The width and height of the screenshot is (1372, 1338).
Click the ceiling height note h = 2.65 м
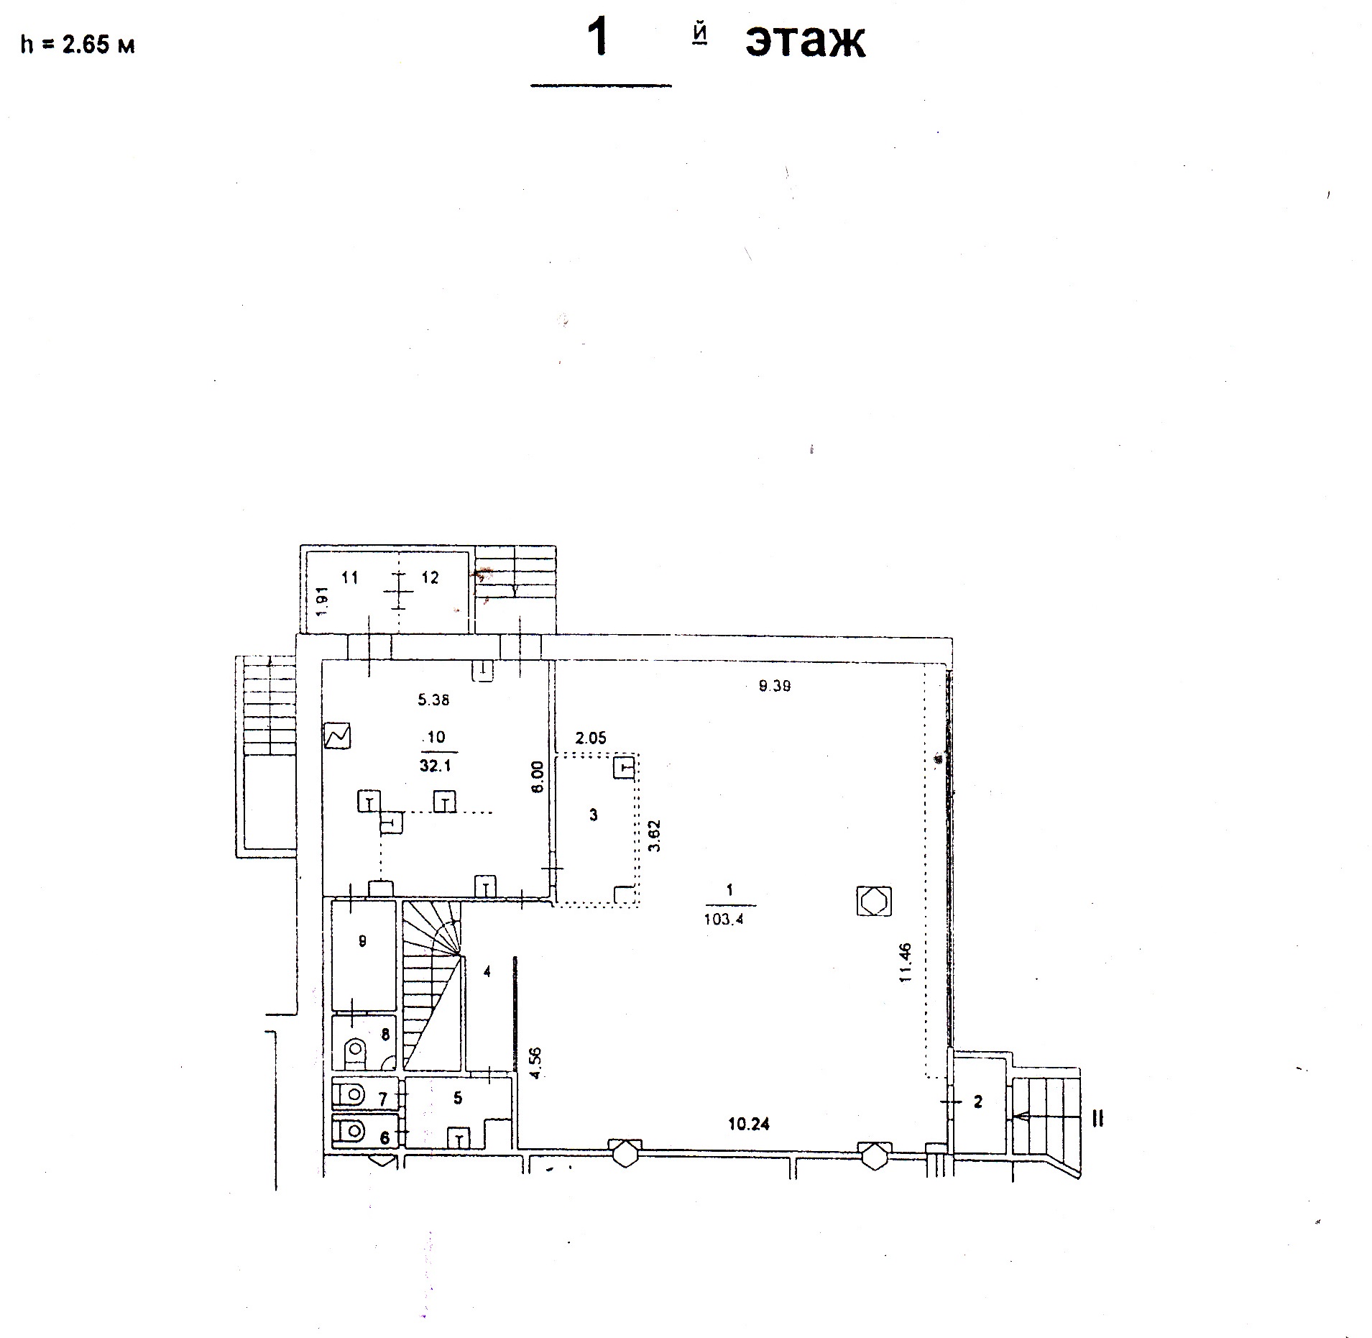click(78, 45)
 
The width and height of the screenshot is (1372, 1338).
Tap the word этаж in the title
click(805, 42)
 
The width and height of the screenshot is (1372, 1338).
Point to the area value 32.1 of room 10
click(435, 766)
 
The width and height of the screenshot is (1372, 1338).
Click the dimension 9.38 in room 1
click(775, 686)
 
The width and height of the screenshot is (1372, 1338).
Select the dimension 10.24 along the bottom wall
click(749, 1124)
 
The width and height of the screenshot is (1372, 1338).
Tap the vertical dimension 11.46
click(905, 963)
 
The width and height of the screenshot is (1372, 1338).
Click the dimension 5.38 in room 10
click(433, 699)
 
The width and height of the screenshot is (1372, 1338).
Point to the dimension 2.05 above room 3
click(591, 738)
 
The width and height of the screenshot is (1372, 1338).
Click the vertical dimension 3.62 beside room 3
click(654, 835)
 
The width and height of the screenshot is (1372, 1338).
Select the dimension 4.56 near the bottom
click(534, 1064)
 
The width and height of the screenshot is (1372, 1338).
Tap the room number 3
click(593, 815)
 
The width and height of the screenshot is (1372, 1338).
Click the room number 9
click(362, 940)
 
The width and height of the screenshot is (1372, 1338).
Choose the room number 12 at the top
click(430, 577)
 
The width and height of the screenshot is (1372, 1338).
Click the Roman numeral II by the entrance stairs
click(1097, 1118)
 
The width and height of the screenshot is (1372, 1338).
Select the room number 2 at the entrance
click(977, 1101)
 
